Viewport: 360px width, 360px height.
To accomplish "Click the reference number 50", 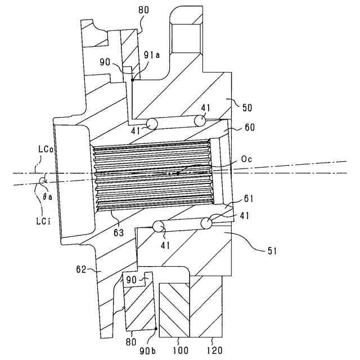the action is click(247, 107).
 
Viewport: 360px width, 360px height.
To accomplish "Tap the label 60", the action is click(250, 127).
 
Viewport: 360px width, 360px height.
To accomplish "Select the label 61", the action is click(249, 199).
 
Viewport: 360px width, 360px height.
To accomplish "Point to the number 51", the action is click(272, 251).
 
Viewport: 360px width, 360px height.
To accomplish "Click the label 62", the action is click(81, 269).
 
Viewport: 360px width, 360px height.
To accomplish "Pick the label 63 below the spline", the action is click(119, 233).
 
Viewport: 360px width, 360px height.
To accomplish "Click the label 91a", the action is click(152, 55).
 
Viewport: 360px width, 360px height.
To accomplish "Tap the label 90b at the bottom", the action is click(147, 351).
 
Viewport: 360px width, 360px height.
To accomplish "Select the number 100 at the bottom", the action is click(181, 351).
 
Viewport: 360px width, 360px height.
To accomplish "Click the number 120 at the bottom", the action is click(215, 351).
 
